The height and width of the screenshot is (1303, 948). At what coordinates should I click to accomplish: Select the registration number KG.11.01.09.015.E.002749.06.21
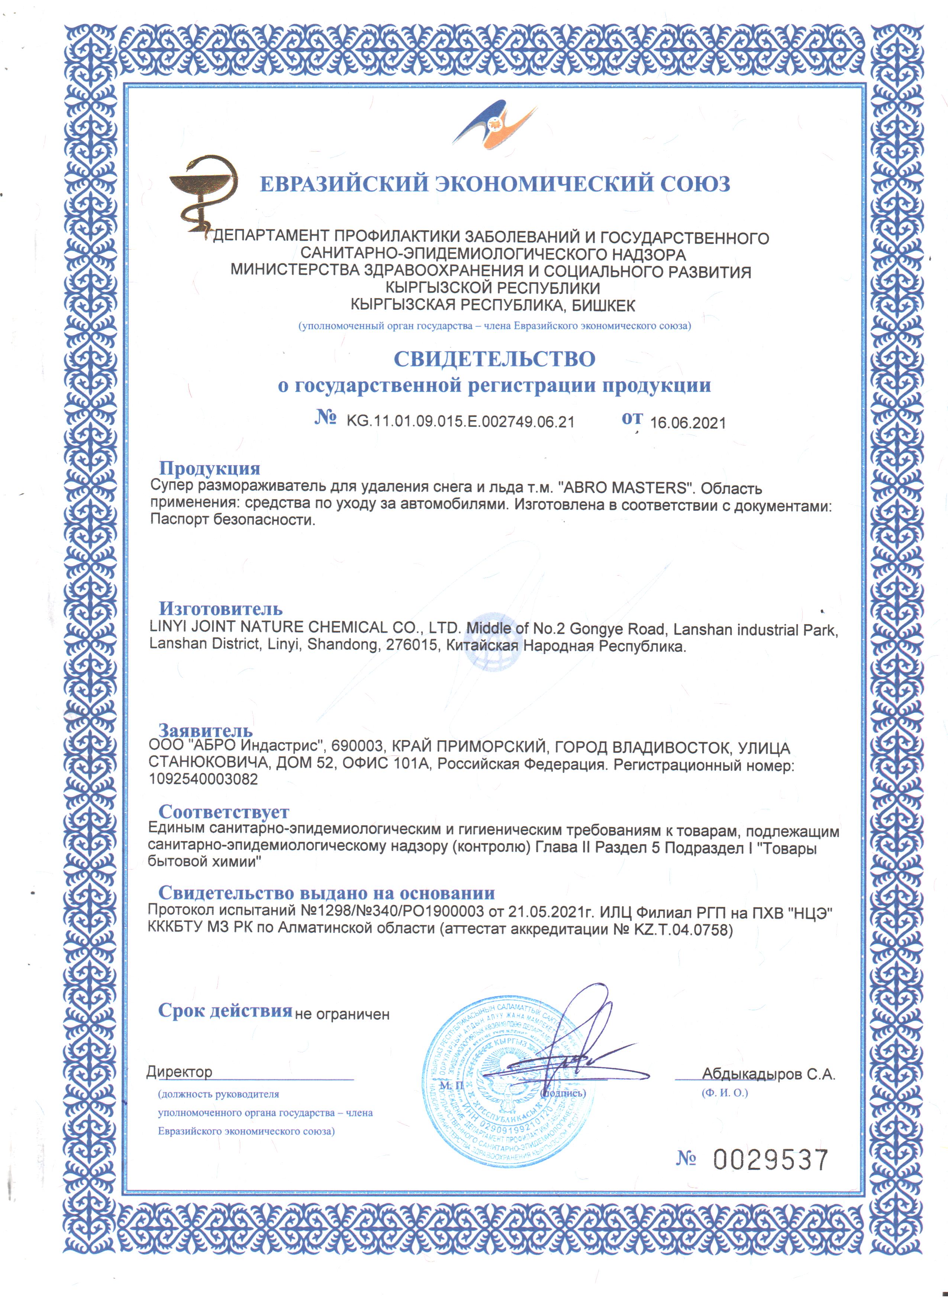460,422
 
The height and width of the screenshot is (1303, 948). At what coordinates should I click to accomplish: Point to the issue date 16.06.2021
687,423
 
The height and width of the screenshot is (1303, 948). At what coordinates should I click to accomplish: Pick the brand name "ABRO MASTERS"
625,488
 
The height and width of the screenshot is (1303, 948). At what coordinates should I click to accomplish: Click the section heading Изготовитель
221,608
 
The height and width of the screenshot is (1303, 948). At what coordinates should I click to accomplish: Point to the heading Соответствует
224,812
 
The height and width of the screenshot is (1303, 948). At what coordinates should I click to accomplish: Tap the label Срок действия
225,1011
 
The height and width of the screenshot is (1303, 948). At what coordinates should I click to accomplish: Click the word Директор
179,1072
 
